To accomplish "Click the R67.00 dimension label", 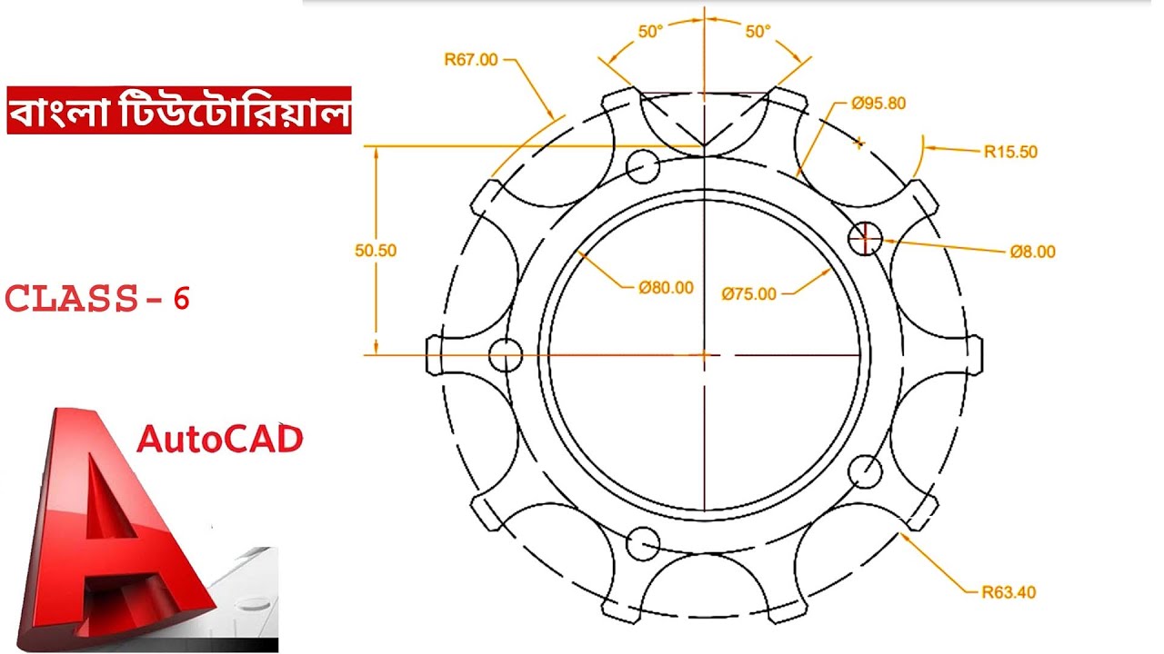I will point(470,60).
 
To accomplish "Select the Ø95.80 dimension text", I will point(878,103).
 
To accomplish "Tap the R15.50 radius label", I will point(1009,152).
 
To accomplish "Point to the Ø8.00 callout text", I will point(1032,252).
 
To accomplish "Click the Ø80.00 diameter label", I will point(666,287).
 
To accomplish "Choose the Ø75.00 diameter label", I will point(749,293).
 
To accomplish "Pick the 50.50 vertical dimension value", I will point(376,251).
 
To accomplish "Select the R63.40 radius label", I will point(1008,593).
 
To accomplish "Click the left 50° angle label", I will point(650,32).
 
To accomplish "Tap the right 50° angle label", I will point(758,32).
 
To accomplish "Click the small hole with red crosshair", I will point(865,238).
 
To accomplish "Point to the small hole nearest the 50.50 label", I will point(643,165).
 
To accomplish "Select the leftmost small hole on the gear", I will point(506,354).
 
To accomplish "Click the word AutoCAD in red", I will point(219,440).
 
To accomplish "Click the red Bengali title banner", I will point(178,112).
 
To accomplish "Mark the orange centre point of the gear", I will point(703,354).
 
